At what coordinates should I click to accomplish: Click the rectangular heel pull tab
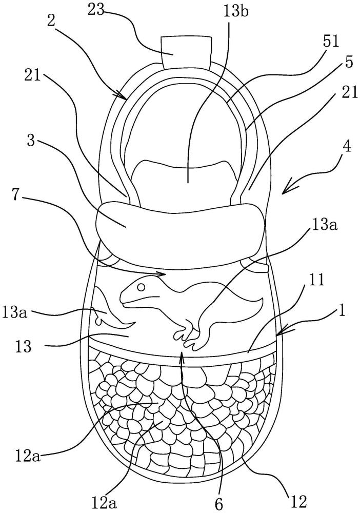(187, 52)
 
